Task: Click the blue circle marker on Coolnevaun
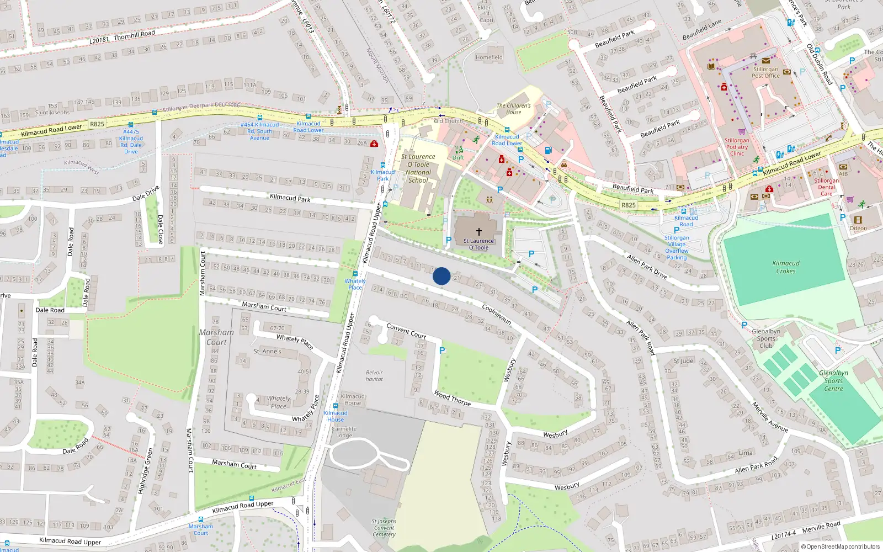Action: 441,276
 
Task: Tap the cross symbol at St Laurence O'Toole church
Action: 478,232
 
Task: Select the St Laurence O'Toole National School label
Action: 418,168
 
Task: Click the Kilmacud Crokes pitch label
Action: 786,267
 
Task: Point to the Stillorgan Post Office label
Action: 766,73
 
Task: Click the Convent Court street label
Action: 406,331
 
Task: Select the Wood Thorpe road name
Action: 452,398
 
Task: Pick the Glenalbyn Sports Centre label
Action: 833,381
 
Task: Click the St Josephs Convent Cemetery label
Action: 384,528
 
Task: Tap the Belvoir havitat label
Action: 374,376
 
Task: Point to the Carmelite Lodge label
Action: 344,432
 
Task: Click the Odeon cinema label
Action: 858,228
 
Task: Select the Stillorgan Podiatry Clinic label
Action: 737,147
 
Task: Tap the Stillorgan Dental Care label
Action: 826,187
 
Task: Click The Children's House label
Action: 513,109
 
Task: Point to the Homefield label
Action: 489,57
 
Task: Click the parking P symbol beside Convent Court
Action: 442,351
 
